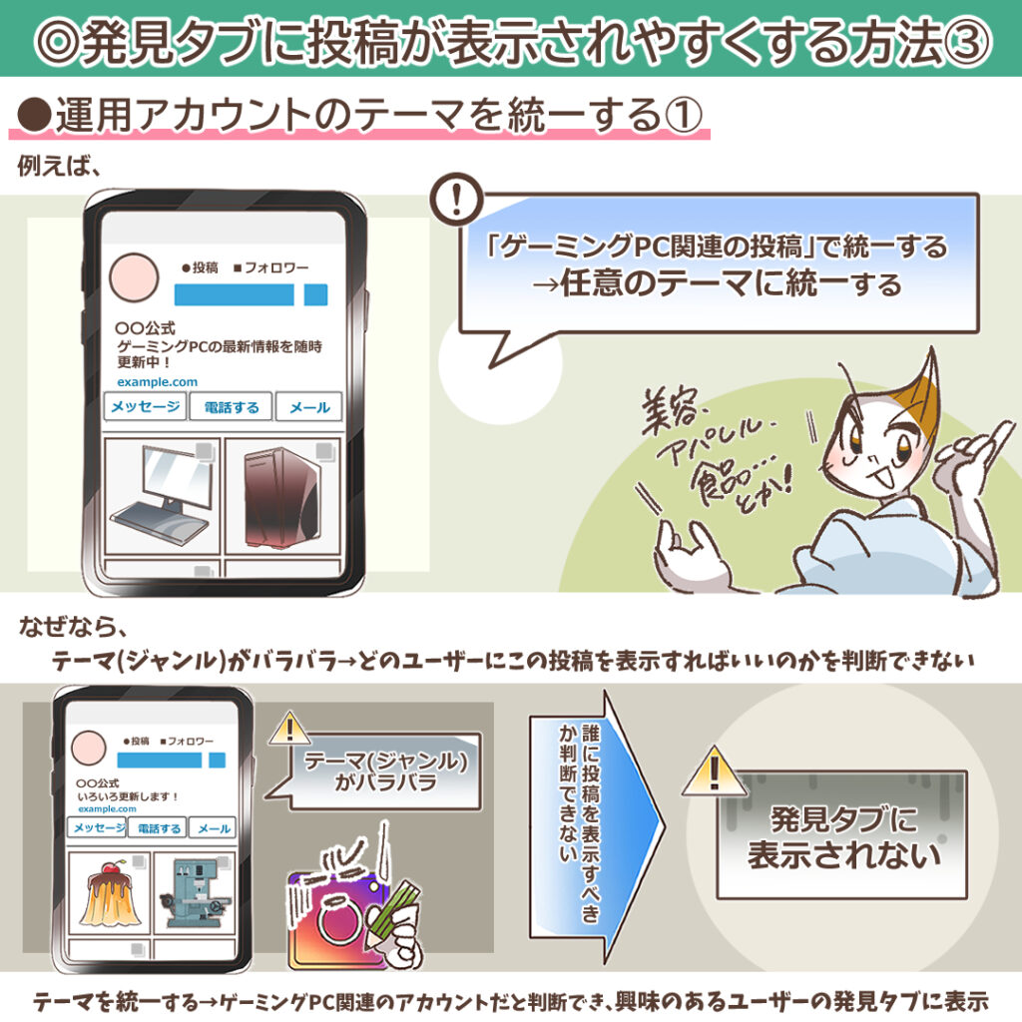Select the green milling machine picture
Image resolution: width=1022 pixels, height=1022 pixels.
(195, 892)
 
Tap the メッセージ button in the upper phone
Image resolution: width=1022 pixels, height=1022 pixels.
(146, 407)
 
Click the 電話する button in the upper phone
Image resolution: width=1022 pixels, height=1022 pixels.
(232, 407)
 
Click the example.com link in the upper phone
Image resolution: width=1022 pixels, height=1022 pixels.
(157, 382)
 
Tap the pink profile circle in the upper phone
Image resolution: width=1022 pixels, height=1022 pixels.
(135, 276)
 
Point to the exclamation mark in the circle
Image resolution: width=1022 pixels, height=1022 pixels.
(457, 200)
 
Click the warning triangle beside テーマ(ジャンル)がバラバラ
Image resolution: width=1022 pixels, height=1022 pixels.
(288, 729)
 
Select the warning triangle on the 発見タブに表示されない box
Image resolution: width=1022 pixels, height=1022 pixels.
(715, 773)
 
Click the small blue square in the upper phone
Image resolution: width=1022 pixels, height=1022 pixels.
(316, 294)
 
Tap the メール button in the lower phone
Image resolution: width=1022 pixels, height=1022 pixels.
(214, 827)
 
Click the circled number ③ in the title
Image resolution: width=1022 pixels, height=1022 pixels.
(967, 40)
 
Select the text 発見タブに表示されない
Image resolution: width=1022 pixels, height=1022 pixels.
(843, 837)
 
